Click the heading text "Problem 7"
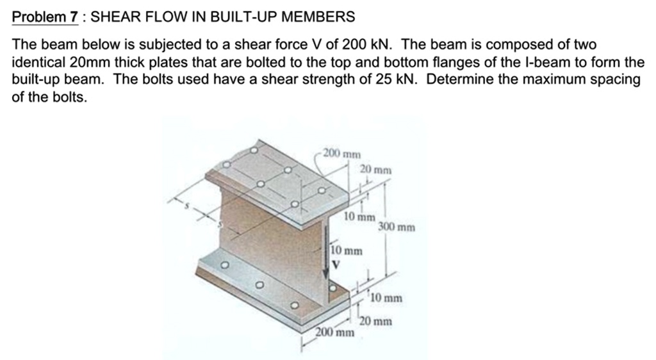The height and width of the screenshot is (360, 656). (45, 16)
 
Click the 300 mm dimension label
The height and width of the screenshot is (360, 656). (397, 227)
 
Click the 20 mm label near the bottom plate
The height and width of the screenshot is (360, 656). (375, 322)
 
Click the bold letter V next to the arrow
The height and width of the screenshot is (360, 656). (334, 262)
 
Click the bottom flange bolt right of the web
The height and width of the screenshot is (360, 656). (332, 289)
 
